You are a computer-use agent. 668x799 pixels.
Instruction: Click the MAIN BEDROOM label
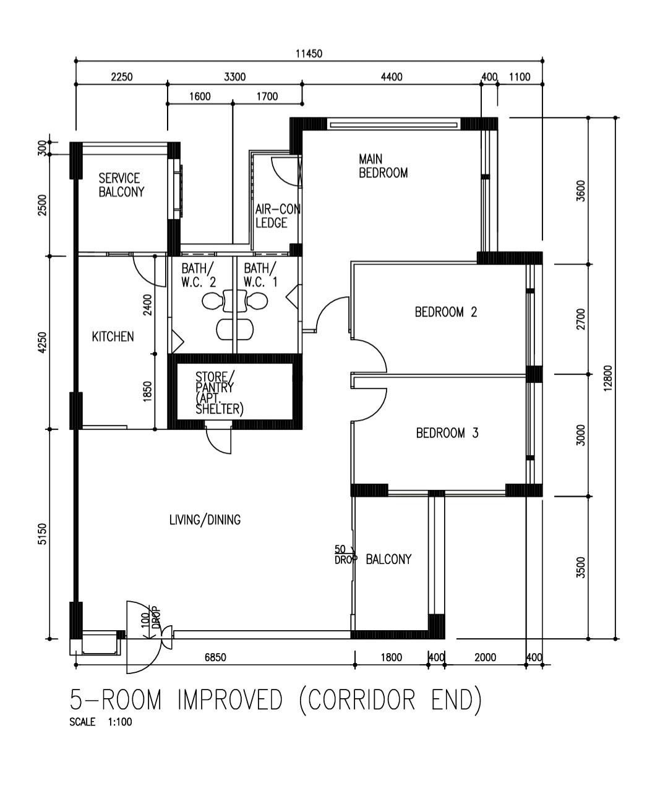(383, 166)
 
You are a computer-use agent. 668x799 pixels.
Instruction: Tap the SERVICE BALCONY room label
(121, 185)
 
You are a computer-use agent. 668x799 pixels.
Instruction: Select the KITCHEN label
(113, 337)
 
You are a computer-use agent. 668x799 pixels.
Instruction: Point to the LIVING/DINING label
(205, 519)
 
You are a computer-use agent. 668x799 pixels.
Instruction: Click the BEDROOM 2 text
(446, 312)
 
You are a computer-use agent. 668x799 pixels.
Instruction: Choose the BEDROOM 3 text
(447, 433)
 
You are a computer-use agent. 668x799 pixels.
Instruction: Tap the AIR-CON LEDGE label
(278, 216)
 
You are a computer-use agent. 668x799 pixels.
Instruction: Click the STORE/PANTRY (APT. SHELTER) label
(220, 393)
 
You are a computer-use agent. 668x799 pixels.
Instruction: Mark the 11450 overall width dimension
(309, 54)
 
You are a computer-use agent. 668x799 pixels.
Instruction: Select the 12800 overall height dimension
(608, 378)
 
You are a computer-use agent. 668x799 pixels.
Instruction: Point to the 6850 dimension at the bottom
(215, 657)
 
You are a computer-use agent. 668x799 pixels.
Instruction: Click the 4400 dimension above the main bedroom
(392, 77)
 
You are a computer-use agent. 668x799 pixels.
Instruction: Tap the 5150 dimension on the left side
(43, 534)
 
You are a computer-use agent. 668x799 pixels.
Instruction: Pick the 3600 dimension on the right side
(581, 191)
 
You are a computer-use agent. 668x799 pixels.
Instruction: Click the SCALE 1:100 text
(101, 722)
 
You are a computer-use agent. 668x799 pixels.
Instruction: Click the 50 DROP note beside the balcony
(345, 555)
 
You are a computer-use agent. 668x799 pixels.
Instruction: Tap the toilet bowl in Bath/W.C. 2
(212, 301)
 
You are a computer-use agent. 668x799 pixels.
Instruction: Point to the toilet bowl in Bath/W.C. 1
(257, 301)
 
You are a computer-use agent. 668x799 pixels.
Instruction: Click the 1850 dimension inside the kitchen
(148, 391)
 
